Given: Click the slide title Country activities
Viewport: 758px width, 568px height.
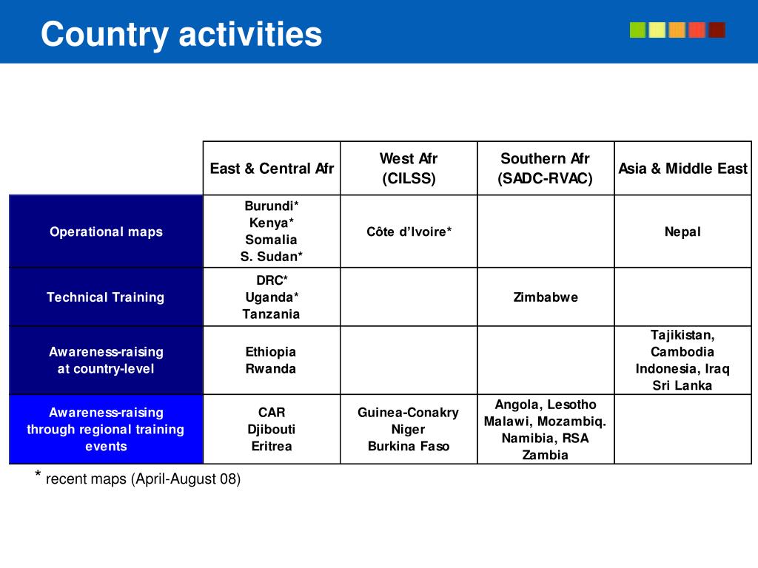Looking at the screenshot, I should pyautogui.click(x=181, y=34).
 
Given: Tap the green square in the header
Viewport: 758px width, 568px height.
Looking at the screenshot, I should pyautogui.click(x=637, y=30).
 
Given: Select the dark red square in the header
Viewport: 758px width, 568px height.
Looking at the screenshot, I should pyautogui.click(x=717, y=30).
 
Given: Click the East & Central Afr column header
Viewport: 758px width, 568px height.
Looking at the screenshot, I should pyautogui.click(x=272, y=169).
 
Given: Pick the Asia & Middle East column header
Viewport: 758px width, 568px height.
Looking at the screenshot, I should pyautogui.click(x=682, y=169).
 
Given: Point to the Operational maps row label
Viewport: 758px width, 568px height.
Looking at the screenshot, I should pyautogui.click(x=106, y=231).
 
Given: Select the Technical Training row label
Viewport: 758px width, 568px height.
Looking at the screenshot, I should pyautogui.click(x=105, y=297).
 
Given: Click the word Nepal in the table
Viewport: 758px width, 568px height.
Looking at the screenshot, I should pyautogui.click(x=682, y=231).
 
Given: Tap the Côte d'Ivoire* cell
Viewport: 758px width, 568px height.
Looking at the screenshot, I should pyautogui.click(x=409, y=231).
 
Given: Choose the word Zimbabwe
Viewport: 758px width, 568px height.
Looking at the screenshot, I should pyautogui.click(x=546, y=297).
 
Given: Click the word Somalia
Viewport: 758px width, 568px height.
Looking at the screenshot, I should pyautogui.click(x=271, y=240).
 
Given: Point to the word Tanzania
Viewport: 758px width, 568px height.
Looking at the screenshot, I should pyautogui.click(x=271, y=314).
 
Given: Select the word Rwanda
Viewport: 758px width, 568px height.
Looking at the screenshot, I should pyautogui.click(x=271, y=369).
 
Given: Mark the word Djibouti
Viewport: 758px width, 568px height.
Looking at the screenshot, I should pyautogui.click(x=271, y=429).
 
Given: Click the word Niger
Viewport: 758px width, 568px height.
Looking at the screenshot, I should pyautogui.click(x=409, y=429).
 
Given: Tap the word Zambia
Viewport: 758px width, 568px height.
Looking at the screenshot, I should pyautogui.click(x=546, y=455).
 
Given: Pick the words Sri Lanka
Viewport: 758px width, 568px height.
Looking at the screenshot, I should pyautogui.click(x=682, y=385).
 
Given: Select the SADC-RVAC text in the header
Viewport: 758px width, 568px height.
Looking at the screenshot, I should pyautogui.click(x=546, y=179).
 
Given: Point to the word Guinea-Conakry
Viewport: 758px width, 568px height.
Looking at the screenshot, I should pyautogui.click(x=409, y=413).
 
